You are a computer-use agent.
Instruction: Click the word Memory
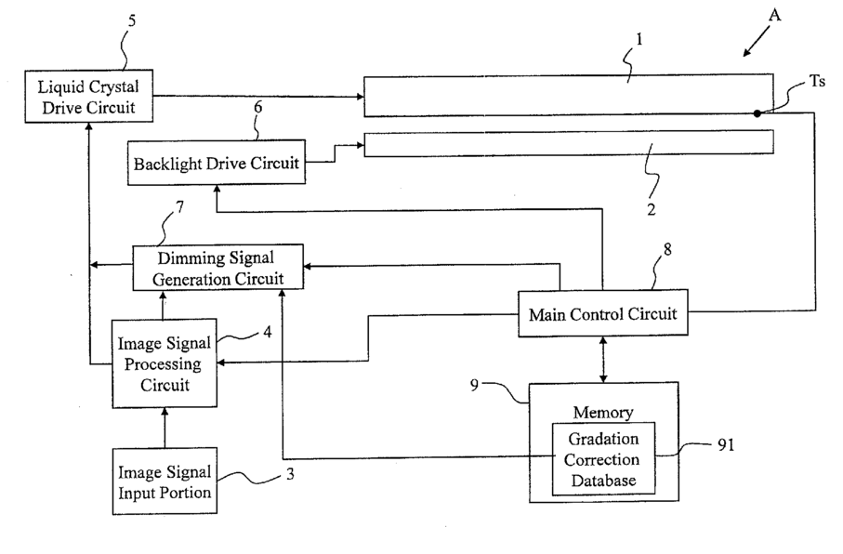(x=602, y=412)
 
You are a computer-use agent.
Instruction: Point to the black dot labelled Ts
(x=757, y=113)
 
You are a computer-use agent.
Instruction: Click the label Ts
(x=817, y=81)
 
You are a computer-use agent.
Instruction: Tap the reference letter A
(x=774, y=15)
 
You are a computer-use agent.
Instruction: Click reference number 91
(x=726, y=445)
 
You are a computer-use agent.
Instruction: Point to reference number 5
(x=132, y=21)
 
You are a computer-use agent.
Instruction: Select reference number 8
(x=667, y=249)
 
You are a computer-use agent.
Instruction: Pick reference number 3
(x=290, y=474)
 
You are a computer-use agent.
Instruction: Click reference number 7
(x=179, y=207)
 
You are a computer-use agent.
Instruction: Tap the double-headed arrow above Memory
(x=603, y=360)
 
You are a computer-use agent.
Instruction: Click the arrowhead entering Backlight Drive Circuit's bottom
(x=217, y=190)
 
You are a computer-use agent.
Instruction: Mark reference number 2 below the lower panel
(x=651, y=209)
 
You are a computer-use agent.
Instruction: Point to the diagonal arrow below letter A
(x=757, y=42)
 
